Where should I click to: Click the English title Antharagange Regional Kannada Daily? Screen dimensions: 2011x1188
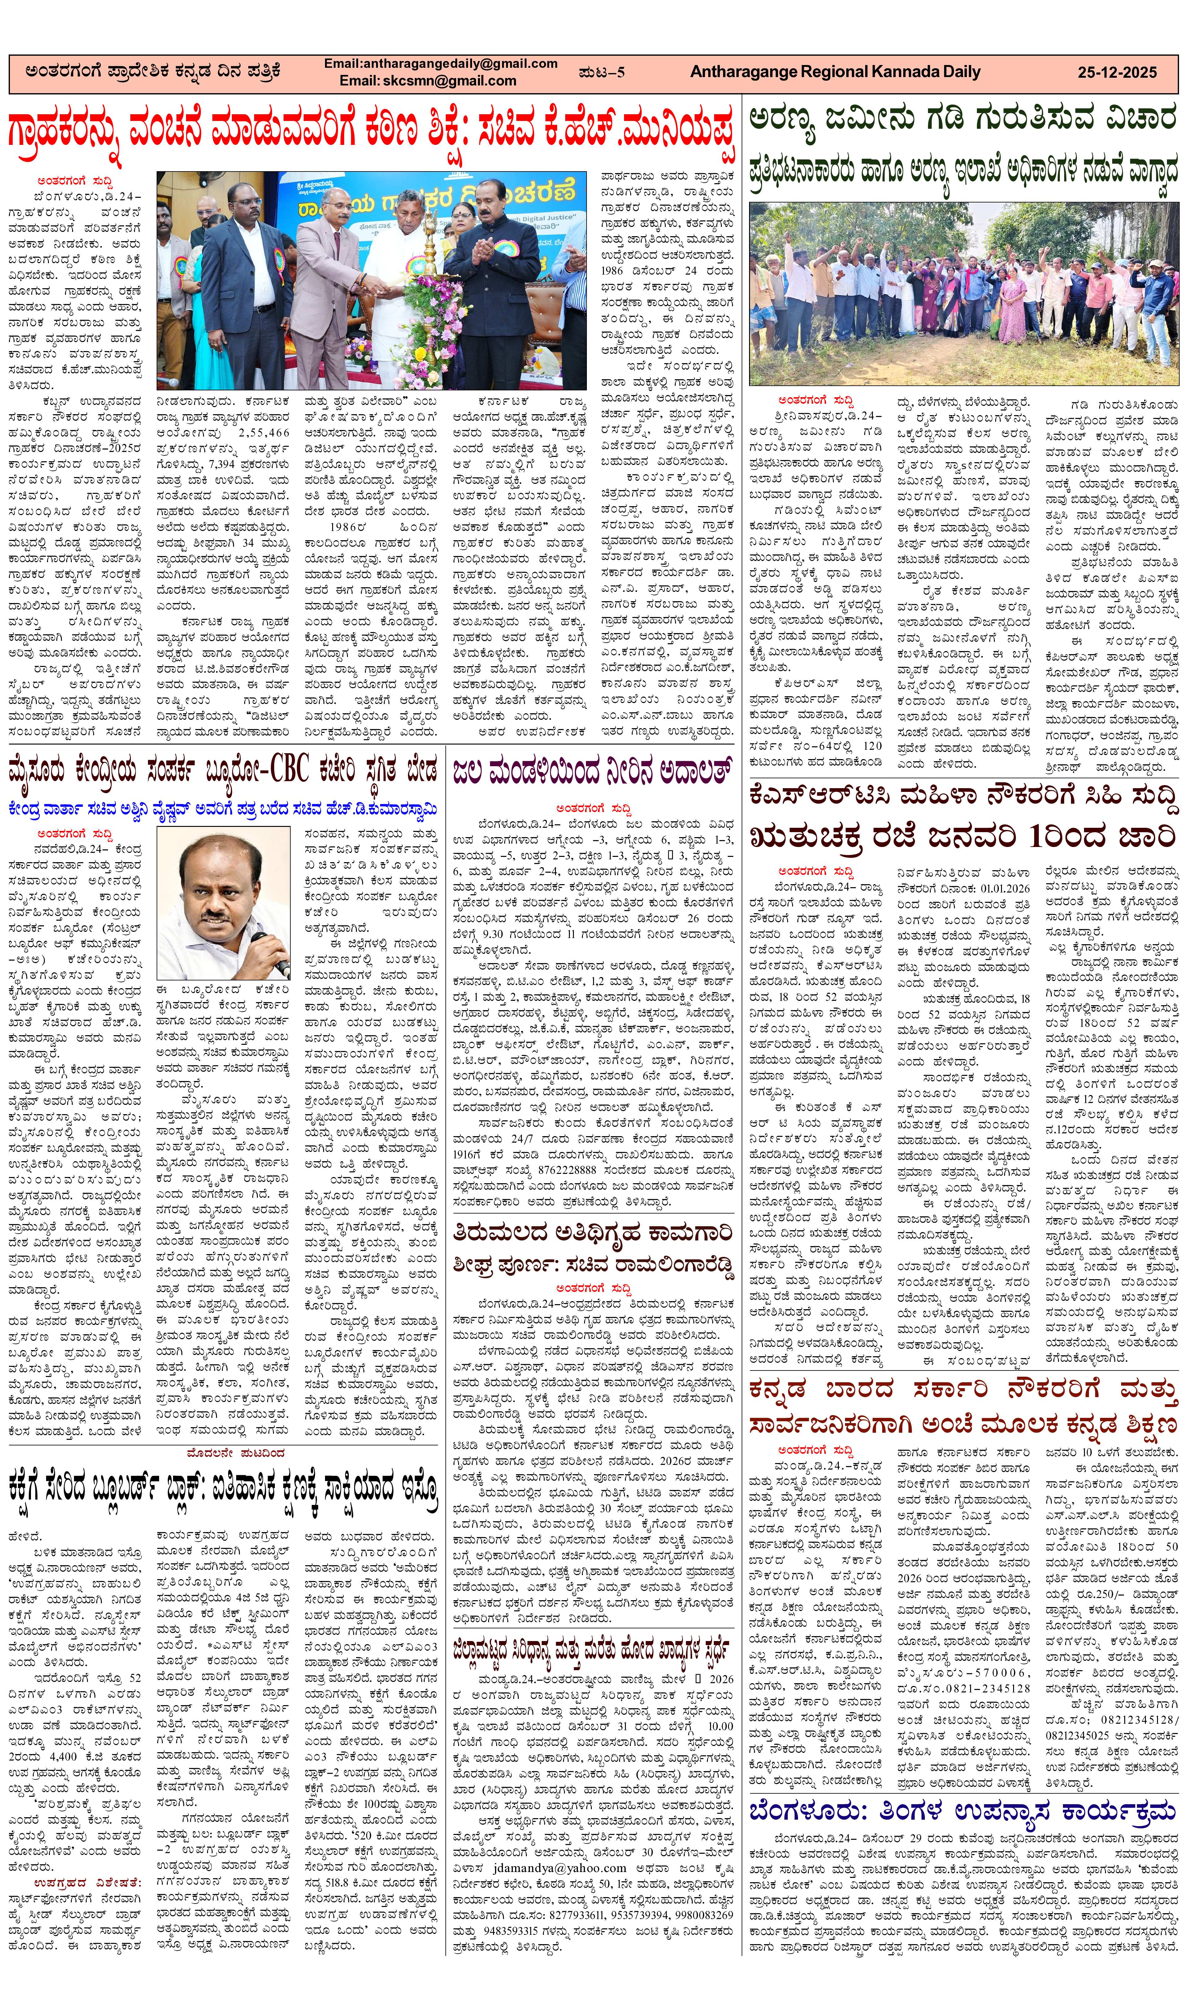click(835, 72)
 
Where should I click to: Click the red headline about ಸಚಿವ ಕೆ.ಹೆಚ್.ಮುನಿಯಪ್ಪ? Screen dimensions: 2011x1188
click(371, 131)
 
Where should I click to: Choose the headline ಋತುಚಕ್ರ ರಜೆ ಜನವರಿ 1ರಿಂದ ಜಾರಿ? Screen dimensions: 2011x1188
click(962, 836)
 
